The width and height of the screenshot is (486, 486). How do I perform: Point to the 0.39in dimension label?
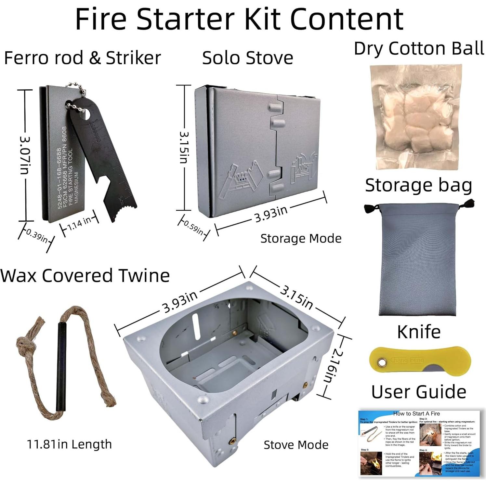click(37, 236)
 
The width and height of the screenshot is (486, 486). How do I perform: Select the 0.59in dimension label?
click(193, 228)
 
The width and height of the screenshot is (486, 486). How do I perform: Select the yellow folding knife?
click(420, 361)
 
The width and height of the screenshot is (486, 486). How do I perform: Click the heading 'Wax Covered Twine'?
click(85, 276)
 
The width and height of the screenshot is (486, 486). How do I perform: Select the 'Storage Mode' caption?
click(301, 239)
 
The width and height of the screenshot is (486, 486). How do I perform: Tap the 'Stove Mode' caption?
click(296, 445)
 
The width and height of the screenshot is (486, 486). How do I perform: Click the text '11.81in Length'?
click(69, 444)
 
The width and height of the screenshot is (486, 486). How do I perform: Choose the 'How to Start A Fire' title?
click(416, 414)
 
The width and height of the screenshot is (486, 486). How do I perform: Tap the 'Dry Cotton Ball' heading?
click(419, 49)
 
